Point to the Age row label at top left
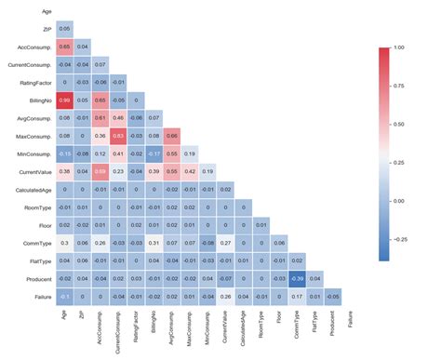tap(47, 11)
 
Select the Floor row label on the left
tap(45, 224)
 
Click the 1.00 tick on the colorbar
tap(400, 47)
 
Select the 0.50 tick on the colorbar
tap(400, 123)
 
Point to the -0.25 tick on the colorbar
tap(401, 237)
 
